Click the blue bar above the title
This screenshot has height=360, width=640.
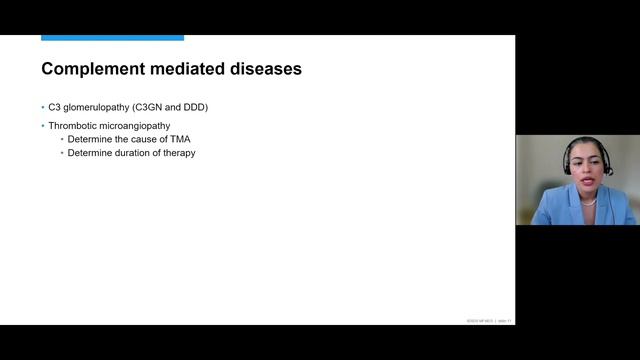pos(112,38)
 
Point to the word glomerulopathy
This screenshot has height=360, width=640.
pos(97,106)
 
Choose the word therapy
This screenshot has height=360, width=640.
pos(179,153)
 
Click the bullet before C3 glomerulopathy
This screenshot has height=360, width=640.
pos(43,106)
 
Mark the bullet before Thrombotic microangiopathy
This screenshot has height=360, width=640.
pos(43,125)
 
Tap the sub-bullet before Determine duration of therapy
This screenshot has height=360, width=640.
pos(62,153)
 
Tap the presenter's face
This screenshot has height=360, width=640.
pos(588,166)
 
